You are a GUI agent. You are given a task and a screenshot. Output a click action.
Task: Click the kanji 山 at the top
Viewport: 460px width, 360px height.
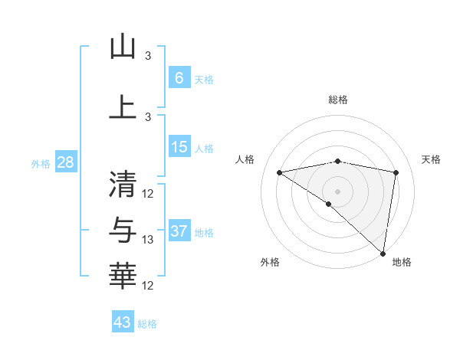(x=123, y=47)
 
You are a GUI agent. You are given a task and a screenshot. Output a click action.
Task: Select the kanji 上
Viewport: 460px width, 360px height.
(x=123, y=107)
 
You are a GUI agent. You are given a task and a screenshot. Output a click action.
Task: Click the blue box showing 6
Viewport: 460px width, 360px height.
(x=179, y=78)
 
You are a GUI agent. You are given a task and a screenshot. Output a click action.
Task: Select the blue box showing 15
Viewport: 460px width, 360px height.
(x=179, y=147)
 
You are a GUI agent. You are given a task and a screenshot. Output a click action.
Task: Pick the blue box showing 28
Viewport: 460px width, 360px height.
(x=65, y=163)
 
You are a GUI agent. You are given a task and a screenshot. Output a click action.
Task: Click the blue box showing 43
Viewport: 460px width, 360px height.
(x=123, y=322)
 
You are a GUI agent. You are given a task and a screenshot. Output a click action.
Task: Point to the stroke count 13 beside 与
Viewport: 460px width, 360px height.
(x=148, y=240)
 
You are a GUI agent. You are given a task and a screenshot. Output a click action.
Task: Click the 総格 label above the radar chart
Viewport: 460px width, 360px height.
(x=338, y=100)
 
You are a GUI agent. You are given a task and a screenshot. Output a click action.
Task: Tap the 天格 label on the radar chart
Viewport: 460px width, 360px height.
(x=431, y=159)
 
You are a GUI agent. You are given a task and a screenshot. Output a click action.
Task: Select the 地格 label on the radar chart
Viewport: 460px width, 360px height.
(x=402, y=262)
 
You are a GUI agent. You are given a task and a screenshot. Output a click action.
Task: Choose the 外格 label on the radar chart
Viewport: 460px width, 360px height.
(x=270, y=262)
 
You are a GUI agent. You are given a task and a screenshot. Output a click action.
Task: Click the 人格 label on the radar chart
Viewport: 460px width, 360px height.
(x=245, y=159)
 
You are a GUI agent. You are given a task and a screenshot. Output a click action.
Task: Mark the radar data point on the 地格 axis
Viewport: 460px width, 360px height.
(x=383, y=253)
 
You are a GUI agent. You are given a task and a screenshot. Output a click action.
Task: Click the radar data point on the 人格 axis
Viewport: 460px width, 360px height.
(x=280, y=172)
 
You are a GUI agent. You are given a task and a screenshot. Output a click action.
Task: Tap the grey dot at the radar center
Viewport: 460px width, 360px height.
(x=337, y=191)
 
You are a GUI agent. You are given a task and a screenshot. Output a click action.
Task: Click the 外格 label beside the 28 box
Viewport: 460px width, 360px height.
(x=40, y=164)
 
